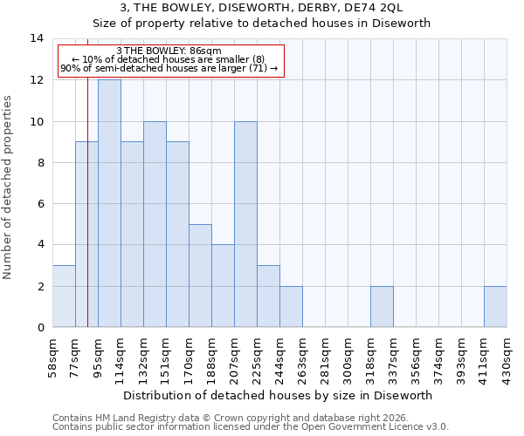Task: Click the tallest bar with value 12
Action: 109,203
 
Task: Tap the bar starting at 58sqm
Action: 64,296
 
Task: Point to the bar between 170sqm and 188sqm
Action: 200,276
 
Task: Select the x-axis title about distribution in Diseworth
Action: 279,395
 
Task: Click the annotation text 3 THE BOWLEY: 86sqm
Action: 169,51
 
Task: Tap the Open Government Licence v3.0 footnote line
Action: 251,427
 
